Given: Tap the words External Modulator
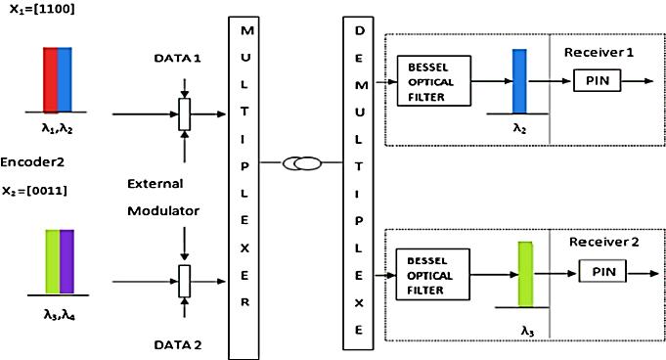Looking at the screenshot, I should [161, 196].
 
